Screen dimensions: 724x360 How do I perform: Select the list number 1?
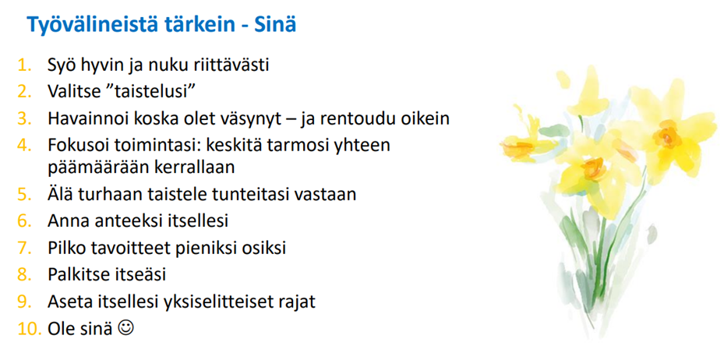tap(24, 65)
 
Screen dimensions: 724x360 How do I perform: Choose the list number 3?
tap(24, 118)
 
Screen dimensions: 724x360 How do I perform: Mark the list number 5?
tap(24, 194)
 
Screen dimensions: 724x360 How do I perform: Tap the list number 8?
tap(24, 275)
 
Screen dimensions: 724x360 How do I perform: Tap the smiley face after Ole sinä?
tap(126, 328)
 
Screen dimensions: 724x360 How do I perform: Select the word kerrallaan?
tap(192, 167)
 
